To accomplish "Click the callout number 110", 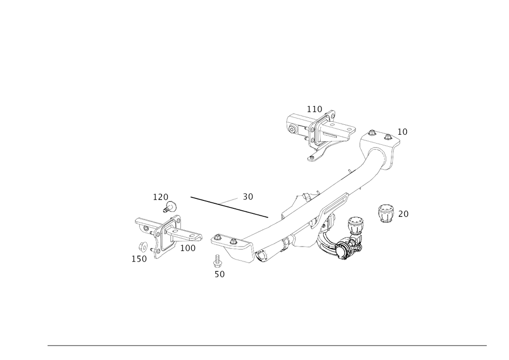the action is pos(314,109).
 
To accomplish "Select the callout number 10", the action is pos(402,132).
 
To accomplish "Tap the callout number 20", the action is pos(403,214).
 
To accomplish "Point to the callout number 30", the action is pos(248,197).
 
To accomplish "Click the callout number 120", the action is pos(161,197).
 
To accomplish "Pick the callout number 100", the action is pos(188,248).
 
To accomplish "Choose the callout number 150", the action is pos(139,259).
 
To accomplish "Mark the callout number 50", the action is pos(219,274).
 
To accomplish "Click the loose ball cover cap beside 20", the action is pos(385,214).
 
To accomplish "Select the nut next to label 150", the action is pos(143,247).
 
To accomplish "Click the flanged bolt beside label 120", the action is pos(170,207).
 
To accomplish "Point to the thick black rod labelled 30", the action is pos(229,207).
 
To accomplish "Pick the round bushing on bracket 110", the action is pos(292,130).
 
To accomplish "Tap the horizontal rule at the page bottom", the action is pos(267,346).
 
